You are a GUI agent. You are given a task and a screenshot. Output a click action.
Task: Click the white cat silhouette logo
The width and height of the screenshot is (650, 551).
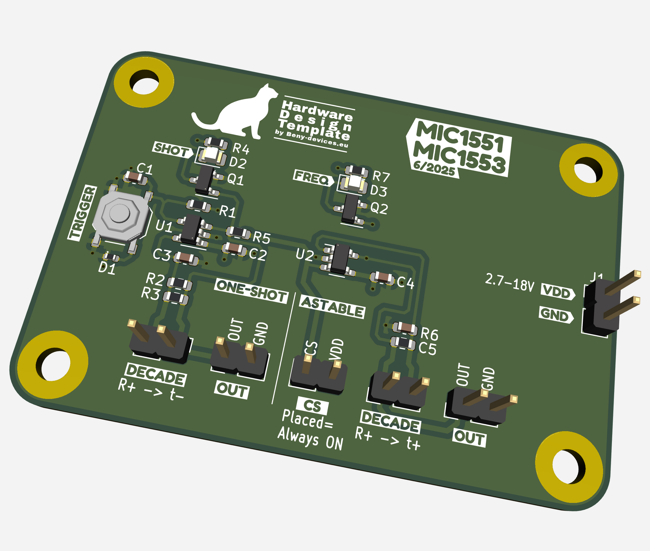(237, 114)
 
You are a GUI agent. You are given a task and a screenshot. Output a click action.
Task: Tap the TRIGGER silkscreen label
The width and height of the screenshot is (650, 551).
(82, 213)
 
